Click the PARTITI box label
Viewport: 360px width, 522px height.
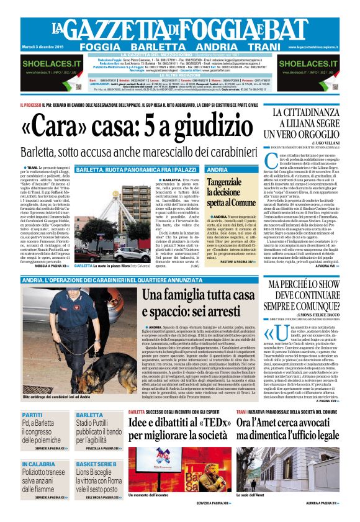click(x=32, y=415)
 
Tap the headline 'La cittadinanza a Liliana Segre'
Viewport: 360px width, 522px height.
click(x=308, y=123)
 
